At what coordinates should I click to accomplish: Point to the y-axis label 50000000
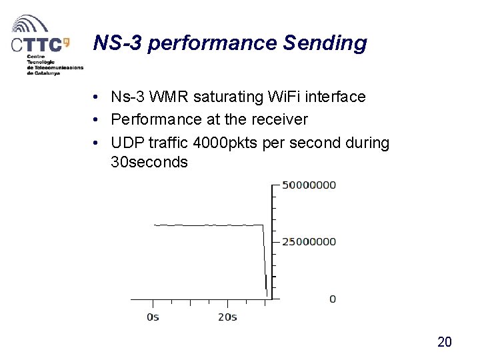click(309, 185)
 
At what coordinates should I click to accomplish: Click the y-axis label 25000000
click(309, 241)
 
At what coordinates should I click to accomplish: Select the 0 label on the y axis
click(333, 299)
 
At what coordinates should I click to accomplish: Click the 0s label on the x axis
click(153, 317)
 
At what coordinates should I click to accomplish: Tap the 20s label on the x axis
click(227, 317)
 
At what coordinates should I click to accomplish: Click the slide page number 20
click(444, 342)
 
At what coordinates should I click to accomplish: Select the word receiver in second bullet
click(279, 120)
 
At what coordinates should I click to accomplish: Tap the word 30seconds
click(149, 162)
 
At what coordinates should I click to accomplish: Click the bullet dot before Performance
click(97, 120)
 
